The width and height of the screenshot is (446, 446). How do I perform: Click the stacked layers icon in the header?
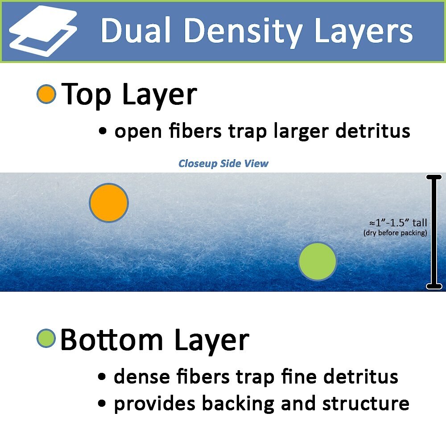pyautogui.click(x=43, y=31)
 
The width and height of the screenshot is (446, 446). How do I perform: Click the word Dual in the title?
pyautogui.click(x=136, y=30)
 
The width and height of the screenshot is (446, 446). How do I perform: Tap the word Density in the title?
pyautogui.click(x=244, y=32)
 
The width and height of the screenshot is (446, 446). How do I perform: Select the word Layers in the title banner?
pyautogui.click(x=363, y=32)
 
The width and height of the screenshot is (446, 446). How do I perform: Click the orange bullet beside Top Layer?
pyautogui.click(x=46, y=94)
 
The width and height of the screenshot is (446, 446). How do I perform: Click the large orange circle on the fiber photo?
pyautogui.click(x=109, y=202)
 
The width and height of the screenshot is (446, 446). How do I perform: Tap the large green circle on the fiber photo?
pyautogui.click(x=317, y=261)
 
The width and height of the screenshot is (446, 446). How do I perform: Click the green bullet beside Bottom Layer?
pyautogui.click(x=46, y=338)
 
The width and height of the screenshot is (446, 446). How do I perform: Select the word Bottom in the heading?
pyautogui.click(x=111, y=340)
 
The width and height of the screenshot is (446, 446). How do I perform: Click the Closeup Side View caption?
pyautogui.click(x=223, y=164)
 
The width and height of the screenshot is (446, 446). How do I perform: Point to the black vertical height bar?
pyautogui.click(x=434, y=232)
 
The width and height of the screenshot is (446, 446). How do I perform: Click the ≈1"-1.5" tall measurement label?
pyautogui.click(x=398, y=223)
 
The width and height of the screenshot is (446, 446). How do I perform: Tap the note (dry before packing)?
pyautogui.click(x=395, y=233)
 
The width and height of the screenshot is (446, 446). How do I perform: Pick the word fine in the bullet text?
pyautogui.click(x=299, y=376)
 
